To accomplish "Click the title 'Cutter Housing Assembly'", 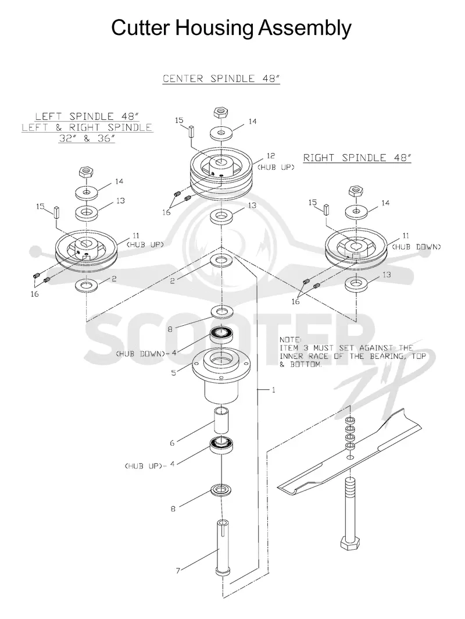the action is (x=231, y=29).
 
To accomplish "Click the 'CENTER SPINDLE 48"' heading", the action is (x=221, y=79).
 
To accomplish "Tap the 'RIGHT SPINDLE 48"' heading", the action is (x=357, y=158).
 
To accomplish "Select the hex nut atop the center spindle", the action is (x=220, y=112).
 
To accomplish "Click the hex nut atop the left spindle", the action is (x=85, y=172).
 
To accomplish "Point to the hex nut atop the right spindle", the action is (x=356, y=191).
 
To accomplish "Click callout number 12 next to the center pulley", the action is (x=270, y=156).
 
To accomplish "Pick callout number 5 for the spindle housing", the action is (x=174, y=373).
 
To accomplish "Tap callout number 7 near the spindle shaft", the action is (x=178, y=571).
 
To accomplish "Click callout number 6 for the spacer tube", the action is (x=172, y=443).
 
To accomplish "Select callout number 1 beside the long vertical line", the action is (x=273, y=390).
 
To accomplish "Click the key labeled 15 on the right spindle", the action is (x=327, y=209).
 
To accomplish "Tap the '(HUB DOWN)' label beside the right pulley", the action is (x=416, y=247).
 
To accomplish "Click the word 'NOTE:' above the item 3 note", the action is (x=290, y=340).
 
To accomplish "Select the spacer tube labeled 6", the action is (x=222, y=421).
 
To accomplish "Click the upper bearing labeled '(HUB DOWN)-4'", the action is (x=222, y=336).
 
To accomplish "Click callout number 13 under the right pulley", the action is (x=387, y=275).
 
